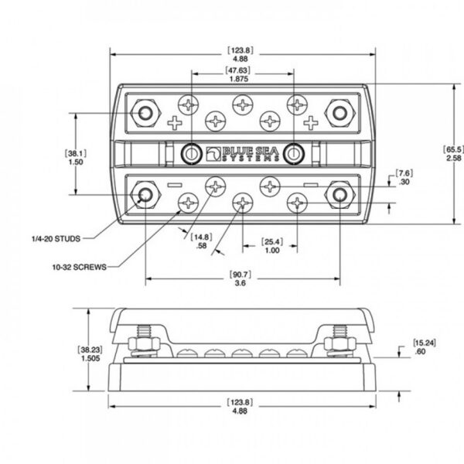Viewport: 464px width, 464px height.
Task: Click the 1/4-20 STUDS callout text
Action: point(53,237)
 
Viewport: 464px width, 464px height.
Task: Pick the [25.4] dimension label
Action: point(272,241)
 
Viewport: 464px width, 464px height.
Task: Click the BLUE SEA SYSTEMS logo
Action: point(239,153)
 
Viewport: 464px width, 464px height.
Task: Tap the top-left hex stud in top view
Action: point(145,113)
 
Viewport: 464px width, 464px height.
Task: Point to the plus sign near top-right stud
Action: point(311,121)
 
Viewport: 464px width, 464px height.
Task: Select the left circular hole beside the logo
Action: point(189,153)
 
